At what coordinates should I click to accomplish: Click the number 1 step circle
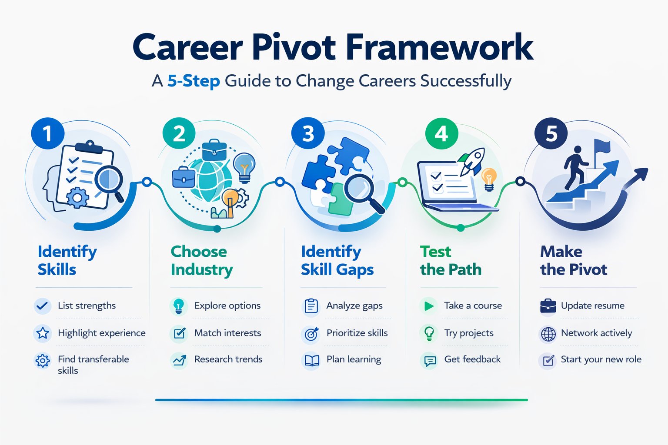tap(47, 133)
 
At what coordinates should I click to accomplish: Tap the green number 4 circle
tap(441, 133)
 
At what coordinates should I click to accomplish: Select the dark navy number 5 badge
tap(551, 133)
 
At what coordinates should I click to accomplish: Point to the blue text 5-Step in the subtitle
tap(194, 81)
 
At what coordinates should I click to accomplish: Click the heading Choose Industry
tap(201, 260)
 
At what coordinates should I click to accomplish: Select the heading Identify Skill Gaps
tap(337, 260)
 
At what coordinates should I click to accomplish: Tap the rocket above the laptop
tap(472, 160)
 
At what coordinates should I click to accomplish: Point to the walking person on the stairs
tap(575, 167)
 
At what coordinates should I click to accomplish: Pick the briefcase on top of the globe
tap(214, 150)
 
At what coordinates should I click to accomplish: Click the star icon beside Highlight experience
tap(43, 333)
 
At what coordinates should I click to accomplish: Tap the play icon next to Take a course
tap(429, 306)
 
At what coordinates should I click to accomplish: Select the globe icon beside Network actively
tap(548, 334)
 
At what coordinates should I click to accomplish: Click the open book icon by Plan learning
tap(312, 360)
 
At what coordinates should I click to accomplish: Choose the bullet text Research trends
tap(228, 359)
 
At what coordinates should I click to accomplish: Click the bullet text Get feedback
tap(472, 359)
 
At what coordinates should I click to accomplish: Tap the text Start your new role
tap(601, 359)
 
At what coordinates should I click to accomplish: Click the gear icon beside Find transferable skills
tap(43, 361)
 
